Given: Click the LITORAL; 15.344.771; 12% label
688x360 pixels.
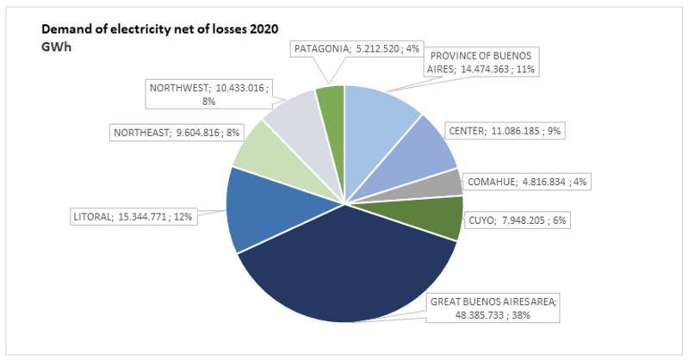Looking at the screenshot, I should (132, 217).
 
